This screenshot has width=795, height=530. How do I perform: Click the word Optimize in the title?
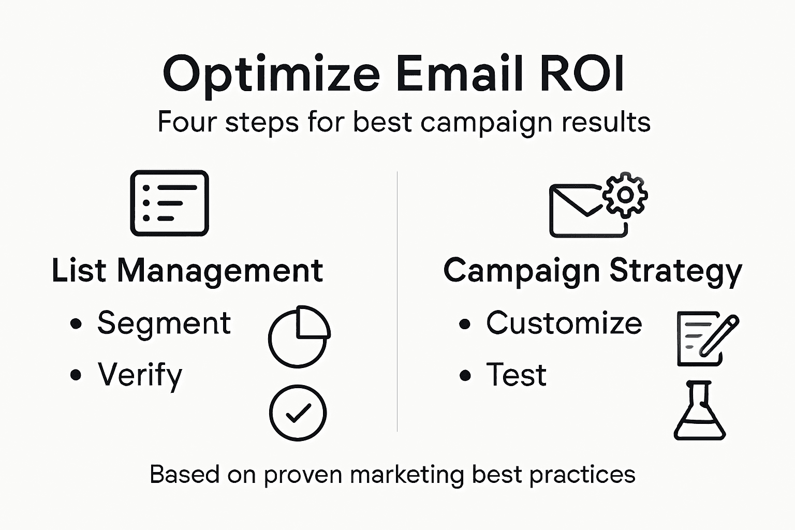(x=271, y=73)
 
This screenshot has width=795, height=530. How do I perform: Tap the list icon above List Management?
(x=169, y=203)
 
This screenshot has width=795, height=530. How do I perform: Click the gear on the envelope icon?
(x=625, y=195)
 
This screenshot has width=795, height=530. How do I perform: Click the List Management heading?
(x=187, y=271)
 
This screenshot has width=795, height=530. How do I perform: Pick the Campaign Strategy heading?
(x=593, y=271)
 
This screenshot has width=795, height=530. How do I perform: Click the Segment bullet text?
(x=164, y=323)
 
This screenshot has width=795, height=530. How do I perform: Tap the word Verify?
(x=140, y=375)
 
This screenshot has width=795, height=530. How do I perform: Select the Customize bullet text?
(x=564, y=323)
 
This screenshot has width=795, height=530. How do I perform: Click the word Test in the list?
(x=516, y=375)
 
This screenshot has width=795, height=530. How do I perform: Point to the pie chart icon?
(x=299, y=336)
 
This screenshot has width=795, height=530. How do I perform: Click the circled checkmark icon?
(x=298, y=413)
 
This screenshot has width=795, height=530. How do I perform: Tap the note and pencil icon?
(x=706, y=338)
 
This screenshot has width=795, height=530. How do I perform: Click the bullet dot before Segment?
(x=76, y=324)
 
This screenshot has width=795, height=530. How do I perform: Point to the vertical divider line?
(x=397, y=300)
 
